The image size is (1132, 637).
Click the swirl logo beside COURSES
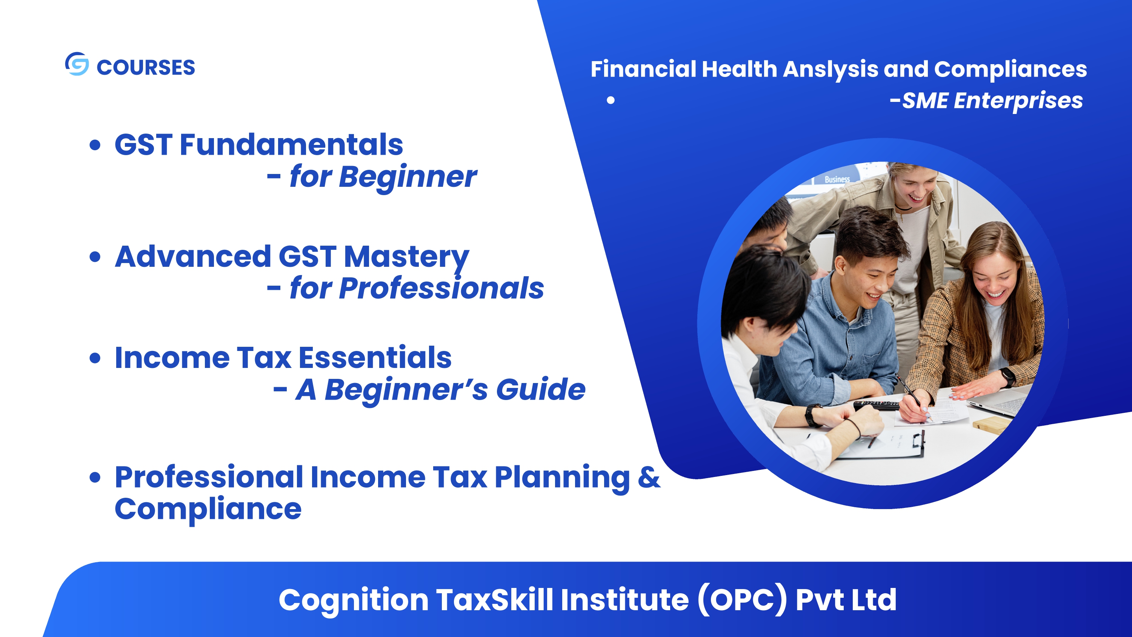(77, 64)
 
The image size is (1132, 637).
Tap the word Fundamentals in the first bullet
(291, 145)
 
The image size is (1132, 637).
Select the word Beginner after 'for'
(408, 177)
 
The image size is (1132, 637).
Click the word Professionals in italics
(441, 288)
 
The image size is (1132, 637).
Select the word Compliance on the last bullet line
(208, 509)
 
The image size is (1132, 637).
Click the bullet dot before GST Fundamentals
(95, 145)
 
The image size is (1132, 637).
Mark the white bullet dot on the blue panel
(611, 100)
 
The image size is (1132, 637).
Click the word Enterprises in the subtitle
(1018, 101)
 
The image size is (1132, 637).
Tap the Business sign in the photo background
(837, 179)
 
